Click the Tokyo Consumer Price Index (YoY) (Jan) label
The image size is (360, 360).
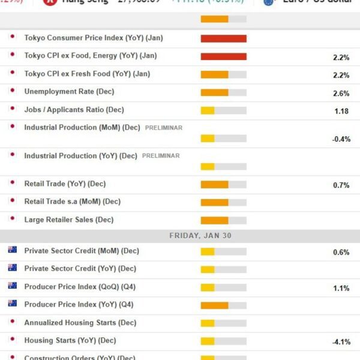(x=93, y=38)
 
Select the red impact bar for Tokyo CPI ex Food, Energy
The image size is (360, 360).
(x=223, y=56)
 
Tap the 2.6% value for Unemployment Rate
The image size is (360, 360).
(x=341, y=94)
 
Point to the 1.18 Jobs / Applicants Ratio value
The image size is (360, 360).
(x=341, y=112)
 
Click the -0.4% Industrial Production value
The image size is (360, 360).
(x=341, y=139)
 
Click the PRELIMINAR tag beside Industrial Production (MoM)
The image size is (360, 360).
(x=163, y=128)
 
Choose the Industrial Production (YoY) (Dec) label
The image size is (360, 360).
(x=80, y=156)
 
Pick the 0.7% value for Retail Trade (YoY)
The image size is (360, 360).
(x=341, y=185)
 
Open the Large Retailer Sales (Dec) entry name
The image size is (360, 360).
(x=68, y=220)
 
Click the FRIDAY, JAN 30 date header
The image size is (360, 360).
(x=200, y=236)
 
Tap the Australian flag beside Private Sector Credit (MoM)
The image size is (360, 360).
(x=12, y=250)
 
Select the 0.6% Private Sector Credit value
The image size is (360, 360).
(x=341, y=253)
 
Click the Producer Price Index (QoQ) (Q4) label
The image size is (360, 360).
(x=79, y=287)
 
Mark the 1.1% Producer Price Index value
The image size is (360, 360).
(x=341, y=289)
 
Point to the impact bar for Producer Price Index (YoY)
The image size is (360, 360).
(x=223, y=305)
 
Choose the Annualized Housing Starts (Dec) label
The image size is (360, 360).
(x=80, y=323)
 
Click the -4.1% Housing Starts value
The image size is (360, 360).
(x=341, y=343)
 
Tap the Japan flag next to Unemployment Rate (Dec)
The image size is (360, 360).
(x=12, y=91)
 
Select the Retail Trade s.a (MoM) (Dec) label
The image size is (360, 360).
(x=72, y=202)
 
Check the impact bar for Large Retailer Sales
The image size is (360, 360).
(x=223, y=220)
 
